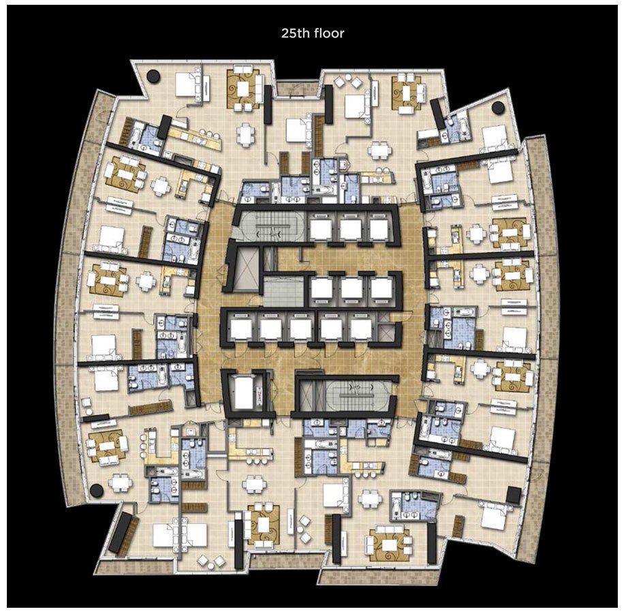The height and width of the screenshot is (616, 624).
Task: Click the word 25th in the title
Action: pos(295,33)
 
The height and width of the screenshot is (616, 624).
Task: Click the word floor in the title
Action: pos(329,33)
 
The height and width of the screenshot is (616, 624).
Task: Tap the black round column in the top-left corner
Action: pos(153,76)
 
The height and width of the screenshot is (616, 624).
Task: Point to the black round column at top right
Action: pos(498,108)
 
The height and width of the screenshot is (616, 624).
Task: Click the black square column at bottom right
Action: pos(514,495)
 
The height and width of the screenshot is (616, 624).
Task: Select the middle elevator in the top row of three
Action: pos(351,228)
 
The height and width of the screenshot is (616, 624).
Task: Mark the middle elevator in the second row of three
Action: pos(351,288)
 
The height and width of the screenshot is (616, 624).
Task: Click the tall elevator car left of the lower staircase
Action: pos(244,392)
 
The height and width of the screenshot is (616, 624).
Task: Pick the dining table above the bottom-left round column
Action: pos(119,483)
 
